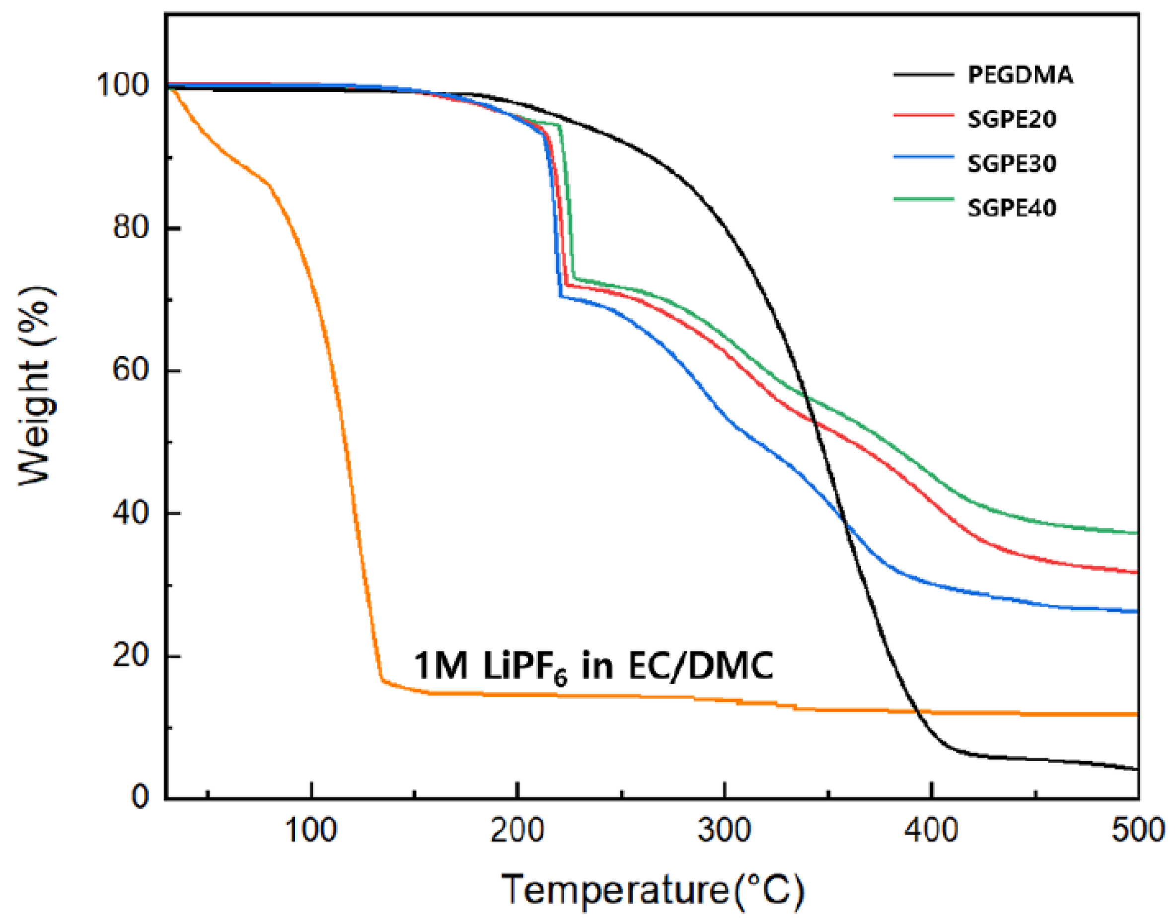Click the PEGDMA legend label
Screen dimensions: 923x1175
[x=1020, y=74]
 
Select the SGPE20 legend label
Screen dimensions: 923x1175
[x=1011, y=119]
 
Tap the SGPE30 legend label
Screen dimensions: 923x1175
[x=1011, y=163]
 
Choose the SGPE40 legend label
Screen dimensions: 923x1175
[x=1011, y=208]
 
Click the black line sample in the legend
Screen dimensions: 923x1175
[x=923, y=74]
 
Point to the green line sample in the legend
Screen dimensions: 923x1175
[x=923, y=200]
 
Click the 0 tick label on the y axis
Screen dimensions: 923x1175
[x=140, y=797]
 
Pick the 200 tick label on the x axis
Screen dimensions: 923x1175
[x=517, y=831]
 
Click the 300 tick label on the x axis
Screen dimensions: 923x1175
[x=724, y=831]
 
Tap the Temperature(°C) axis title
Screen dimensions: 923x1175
[x=653, y=890]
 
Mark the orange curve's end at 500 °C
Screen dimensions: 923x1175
[x=1136, y=714]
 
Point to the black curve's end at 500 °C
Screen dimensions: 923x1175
[x=1136, y=769]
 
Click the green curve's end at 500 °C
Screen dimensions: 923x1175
[x=1136, y=533]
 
